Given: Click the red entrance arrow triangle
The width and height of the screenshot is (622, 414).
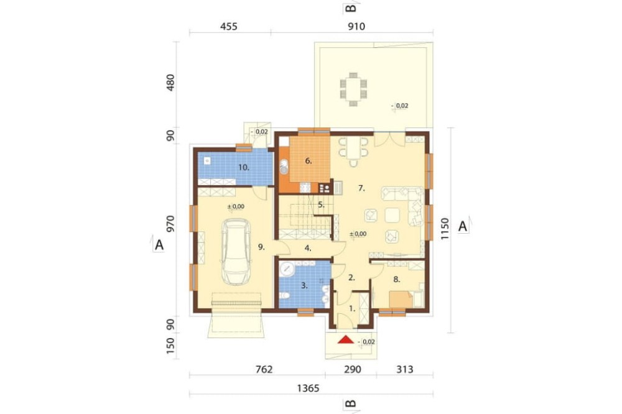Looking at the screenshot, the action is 346,340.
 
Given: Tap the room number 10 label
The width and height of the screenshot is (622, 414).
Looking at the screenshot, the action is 244,167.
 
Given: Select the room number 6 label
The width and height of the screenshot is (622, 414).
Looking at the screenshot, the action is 309,161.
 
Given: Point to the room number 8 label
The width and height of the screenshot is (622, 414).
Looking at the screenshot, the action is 396,280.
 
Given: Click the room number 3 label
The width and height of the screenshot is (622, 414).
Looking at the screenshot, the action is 304,285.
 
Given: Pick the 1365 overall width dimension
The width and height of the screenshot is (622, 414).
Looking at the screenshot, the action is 309,388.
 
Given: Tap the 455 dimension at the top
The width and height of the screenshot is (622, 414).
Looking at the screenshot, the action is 229,26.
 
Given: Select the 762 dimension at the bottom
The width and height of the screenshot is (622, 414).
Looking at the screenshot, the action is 264,369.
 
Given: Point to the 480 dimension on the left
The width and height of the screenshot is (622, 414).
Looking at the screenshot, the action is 170,83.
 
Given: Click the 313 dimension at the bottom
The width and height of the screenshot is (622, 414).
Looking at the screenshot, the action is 405,369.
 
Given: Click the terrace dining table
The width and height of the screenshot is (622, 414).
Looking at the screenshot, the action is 353,90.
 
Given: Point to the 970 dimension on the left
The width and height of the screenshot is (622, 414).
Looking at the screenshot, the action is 170,224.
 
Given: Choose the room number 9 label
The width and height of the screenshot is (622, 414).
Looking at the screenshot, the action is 261,247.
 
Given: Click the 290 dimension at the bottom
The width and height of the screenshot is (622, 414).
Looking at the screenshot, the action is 352,369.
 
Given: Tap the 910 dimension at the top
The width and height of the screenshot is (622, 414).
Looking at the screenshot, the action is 356,26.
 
